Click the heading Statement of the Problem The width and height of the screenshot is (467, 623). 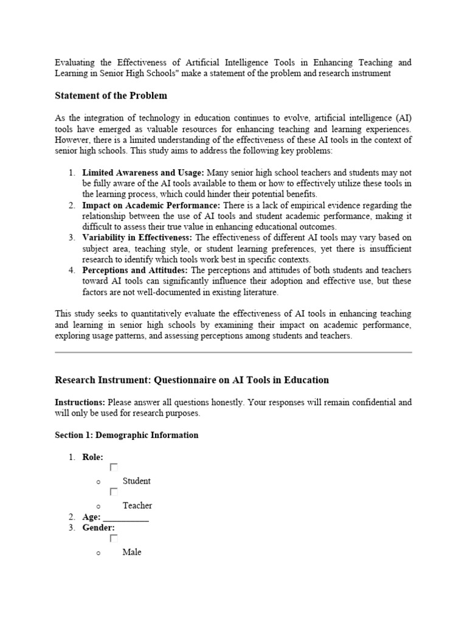click(x=111, y=96)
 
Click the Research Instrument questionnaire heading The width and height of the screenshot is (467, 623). click(x=192, y=380)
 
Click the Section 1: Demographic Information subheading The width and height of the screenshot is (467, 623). click(x=126, y=435)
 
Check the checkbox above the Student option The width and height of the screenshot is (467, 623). click(x=113, y=467)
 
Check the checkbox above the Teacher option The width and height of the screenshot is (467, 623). click(x=113, y=492)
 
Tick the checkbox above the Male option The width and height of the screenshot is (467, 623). click(x=113, y=538)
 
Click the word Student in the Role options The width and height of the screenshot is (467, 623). click(x=137, y=481)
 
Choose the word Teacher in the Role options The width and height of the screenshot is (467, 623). click(x=137, y=505)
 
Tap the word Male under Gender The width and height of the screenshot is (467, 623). click(x=132, y=552)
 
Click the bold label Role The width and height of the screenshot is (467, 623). click(x=92, y=457)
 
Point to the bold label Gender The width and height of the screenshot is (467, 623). click(x=99, y=527)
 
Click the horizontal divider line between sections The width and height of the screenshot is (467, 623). click(x=233, y=352)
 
